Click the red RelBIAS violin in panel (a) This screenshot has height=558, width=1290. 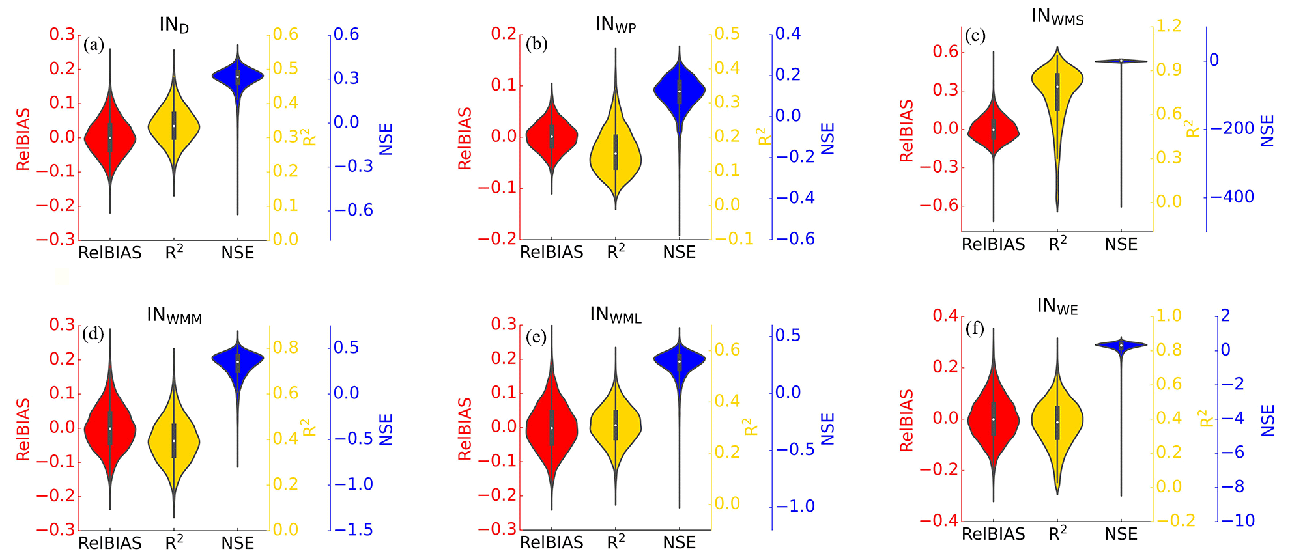coord(109,138)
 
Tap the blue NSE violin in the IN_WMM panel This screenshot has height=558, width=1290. coord(238,361)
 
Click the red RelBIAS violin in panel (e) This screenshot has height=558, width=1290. coord(552,428)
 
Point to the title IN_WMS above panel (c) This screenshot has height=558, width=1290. coord(1057,17)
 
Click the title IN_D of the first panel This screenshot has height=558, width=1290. coord(174,25)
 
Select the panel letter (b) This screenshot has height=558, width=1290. coord(537,44)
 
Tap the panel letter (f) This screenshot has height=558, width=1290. coord(975,328)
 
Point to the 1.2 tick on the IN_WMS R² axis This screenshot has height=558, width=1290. coord(1168,25)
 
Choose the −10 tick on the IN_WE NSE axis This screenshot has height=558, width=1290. coord(1238,520)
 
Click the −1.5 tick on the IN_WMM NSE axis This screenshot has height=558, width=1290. coord(354,529)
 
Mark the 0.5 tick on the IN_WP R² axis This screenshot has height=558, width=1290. coord(727,33)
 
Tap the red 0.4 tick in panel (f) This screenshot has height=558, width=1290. coord(945,316)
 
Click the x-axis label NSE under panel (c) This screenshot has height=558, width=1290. coord(1121,244)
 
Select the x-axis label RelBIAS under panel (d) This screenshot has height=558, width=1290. coord(109,542)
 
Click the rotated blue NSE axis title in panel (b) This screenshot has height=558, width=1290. coord(827,139)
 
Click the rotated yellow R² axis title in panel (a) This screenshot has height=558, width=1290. coord(309,137)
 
